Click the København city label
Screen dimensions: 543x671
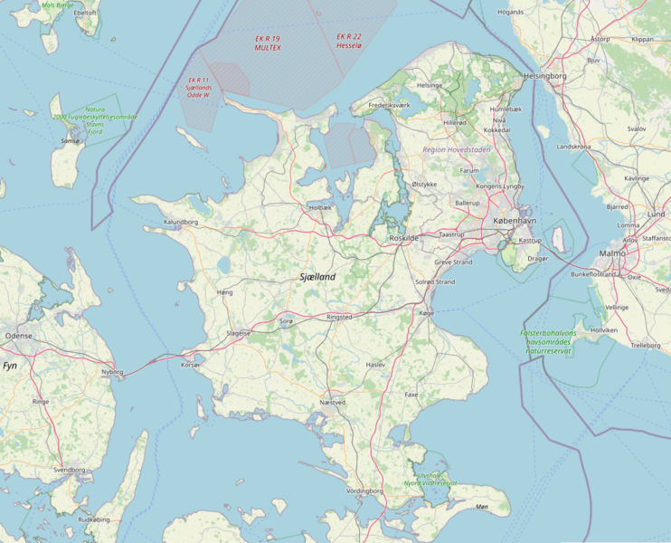[x=515, y=221]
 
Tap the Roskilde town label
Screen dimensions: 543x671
[x=403, y=237]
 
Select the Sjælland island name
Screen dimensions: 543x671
[x=317, y=277]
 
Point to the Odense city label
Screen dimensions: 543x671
[x=18, y=335]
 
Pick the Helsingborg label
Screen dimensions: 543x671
[x=544, y=76]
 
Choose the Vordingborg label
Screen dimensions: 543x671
[x=364, y=491]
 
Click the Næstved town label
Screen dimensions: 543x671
[x=333, y=402]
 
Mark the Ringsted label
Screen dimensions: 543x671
[x=338, y=318]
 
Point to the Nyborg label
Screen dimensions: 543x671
[x=112, y=371]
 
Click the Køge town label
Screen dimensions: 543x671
[x=427, y=311]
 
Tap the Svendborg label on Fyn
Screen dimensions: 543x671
[x=69, y=470]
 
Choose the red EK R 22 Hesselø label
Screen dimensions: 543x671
[x=349, y=42]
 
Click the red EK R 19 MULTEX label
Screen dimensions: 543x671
[x=268, y=43]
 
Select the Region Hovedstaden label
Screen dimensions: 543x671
[x=457, y=148]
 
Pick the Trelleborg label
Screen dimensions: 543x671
[x=645, y=345]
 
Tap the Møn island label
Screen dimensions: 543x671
[x=481, y=507]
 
